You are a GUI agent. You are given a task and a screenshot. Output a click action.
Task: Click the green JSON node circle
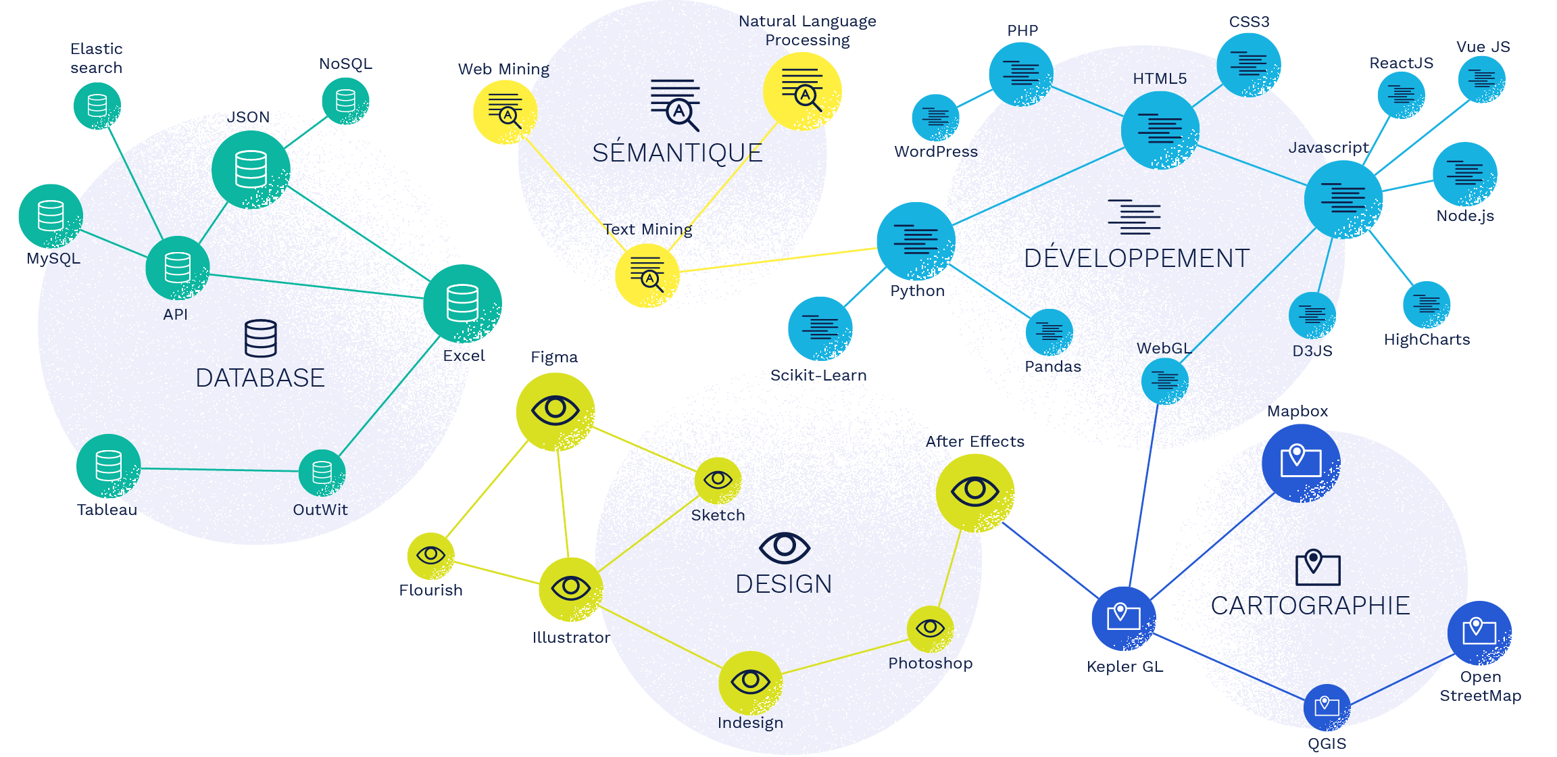(x=251, y=170)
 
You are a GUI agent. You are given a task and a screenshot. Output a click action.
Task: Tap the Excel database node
(x=462, y=303)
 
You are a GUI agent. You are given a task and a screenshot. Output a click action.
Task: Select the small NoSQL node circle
(x=345, y=101)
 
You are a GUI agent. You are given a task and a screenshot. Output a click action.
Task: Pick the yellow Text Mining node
(x=647, y=276)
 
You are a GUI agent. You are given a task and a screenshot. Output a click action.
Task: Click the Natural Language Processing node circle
(x=802, y=91)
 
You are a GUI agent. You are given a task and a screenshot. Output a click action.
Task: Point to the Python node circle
(x=916, y=241)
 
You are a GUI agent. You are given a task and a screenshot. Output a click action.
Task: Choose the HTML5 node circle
(x=1160, y=130)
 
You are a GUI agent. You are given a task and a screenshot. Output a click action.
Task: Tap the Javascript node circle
(x=1343, y=199)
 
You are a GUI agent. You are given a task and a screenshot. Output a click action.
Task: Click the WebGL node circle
(x=1164, y=381)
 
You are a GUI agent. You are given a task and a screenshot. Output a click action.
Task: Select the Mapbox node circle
(x=1301, y=463)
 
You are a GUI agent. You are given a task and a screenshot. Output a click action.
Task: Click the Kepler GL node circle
(x=1124, y=618)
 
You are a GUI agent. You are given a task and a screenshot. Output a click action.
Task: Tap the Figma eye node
(x=555, y=412)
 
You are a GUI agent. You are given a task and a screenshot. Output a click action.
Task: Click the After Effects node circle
(x=975, y=493)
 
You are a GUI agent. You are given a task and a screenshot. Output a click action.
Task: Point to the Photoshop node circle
(x=930, y=629)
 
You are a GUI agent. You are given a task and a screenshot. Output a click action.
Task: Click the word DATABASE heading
(x=260, y=378)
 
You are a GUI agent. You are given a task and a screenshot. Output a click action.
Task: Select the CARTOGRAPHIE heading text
(x=1310, y=606)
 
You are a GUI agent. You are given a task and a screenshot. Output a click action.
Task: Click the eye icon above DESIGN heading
(x=784, y=547)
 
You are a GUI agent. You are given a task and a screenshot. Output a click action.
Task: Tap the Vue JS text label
(x=1483, y=47)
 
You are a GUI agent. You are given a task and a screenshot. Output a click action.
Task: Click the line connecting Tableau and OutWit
(x=220, y=470)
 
